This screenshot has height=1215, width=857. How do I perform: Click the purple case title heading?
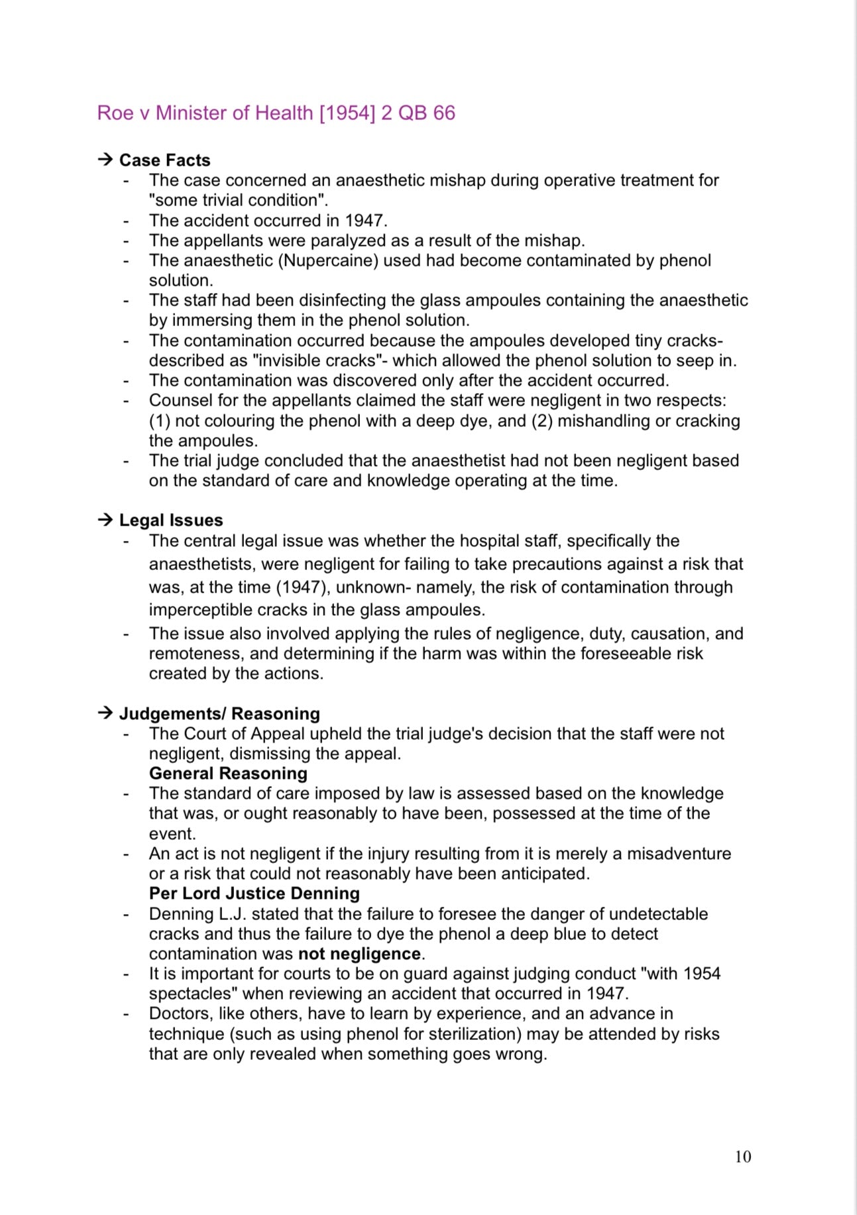(276, 113)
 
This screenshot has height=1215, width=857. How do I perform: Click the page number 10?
(742, 1157)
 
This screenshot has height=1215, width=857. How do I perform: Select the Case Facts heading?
(164, 160)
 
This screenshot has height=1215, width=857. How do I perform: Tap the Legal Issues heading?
(171, 520)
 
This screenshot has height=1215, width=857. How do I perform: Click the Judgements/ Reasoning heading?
(219, 714)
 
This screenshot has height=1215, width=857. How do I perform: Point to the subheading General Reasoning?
(228, 774)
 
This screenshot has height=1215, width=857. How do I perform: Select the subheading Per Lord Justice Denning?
(254, 894)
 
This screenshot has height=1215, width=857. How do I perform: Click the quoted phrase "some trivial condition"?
(237, 200)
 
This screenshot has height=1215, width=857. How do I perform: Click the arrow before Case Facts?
(105, 160)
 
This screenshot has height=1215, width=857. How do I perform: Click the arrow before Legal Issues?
(105, 520)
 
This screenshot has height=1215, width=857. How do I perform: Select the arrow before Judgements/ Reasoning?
(105, 714)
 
